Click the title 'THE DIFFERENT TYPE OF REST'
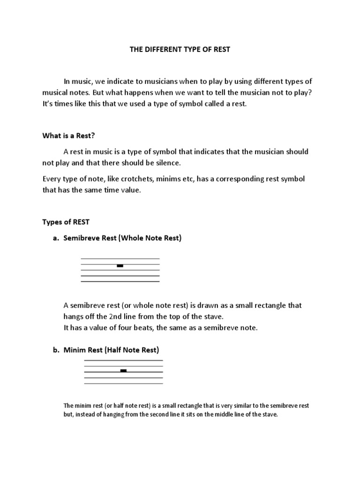pyautogui.click(x=180, y=49)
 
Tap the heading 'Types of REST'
pyautogui.click(x=66, y=222)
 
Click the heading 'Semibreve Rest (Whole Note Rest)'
pyautogui.click(x=122, y=238)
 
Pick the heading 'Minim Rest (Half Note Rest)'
pyautogui.click(x=112, y=349)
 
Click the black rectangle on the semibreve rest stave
pyautogui.click(x=120, y=266)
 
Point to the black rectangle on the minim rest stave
pyautogui.click(x=123, y=370)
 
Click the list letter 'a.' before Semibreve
pyautogui.click(x=56, y=238)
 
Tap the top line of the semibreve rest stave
pyautogui.click(x=120, y=259)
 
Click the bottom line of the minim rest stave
pyautogui.click(x=123, y=383)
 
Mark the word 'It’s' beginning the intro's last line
pyautogui.click(x=48, y=104)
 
